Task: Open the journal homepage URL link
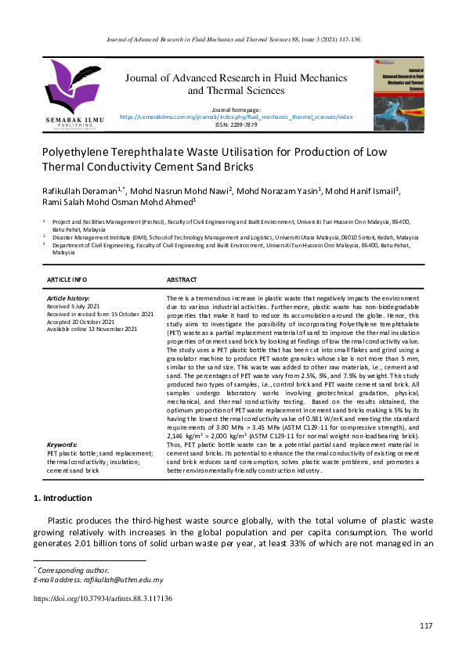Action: pos(236,117)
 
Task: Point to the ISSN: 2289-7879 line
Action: pos(236,124)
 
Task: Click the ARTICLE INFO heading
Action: pos(67,279)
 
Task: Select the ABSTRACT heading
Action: pos(182,279)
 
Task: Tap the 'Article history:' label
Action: pos(69,298)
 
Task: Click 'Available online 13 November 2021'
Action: pos(92,329)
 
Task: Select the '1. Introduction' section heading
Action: pos(63,498)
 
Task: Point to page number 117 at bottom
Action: pos(426,625)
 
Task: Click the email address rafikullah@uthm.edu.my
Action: pos(117,580)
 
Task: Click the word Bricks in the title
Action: pos(236,166)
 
